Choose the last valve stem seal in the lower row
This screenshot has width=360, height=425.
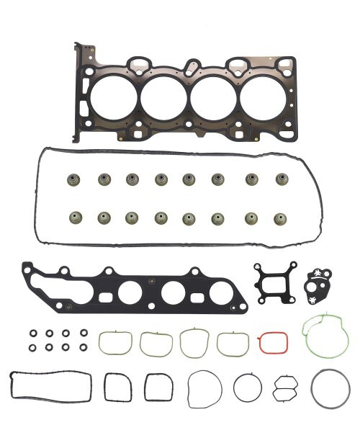pyautogui.click(x=282, y=217)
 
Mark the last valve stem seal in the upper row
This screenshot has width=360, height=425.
pyautogui.click(x=282, y=179)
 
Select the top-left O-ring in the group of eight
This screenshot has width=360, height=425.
pyautogui.click(x=32, y=334)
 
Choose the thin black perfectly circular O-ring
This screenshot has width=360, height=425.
pyautogui.click(x=247, y=388)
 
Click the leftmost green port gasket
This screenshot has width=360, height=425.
pyautogui.click(x=114, y=343)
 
